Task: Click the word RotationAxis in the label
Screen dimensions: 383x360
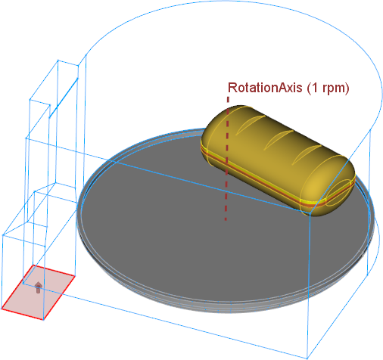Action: pyautogui.click(x=265, y=88)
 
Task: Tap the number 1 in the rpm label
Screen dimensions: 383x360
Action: pyautogui.click(x=315, y=88)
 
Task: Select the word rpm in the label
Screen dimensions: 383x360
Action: pyautogui.click(x=332, y=89)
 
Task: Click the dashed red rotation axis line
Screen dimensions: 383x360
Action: pyautogui.click(x=227, y=159)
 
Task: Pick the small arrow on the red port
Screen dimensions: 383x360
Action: pyautogui.click(x=38, y=287)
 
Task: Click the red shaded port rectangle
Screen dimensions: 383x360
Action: pyautogui.click(x=38, y=293)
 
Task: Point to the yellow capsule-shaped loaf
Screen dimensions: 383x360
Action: pyautogui.click(x=278, y=160)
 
